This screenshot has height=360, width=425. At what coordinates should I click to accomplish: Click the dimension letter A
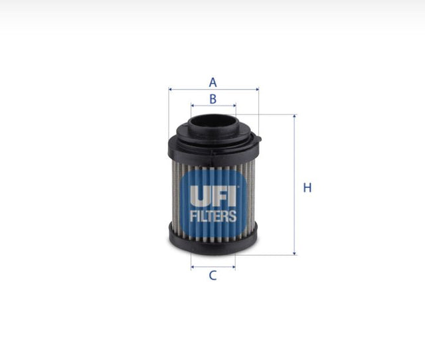tap(213, 82)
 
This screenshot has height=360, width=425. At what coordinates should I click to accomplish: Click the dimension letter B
tap(213, 99)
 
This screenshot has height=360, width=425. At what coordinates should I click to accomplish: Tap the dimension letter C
tap(213, 276)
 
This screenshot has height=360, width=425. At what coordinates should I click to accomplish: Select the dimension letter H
tap(307, 188)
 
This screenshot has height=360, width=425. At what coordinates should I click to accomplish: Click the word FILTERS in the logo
tap(213, 216)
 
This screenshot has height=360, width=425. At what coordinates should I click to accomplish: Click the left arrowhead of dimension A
tap(171, 88)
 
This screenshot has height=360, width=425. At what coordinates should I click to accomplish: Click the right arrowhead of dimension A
tap(256, 88)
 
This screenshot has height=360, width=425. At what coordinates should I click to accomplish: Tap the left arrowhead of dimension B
tap(193, 105)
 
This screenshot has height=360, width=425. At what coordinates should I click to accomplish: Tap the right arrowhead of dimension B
tap(234, 105)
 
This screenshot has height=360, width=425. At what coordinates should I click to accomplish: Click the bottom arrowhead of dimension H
tap(294, 252)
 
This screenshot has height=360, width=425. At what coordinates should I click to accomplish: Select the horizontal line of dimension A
tap(193, 88)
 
